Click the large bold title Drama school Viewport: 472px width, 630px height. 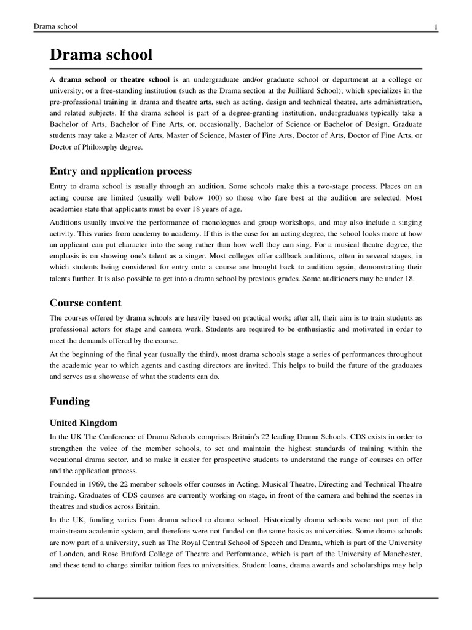(x=101, y=55)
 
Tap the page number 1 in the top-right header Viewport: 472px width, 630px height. (x=436, y=26)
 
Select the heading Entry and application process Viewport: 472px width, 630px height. (x=120, y=171)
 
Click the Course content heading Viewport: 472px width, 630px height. (x=85, y=303)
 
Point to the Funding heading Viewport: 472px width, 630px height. (x=69, y=401)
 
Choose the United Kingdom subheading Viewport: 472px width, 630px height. (x=84, y=423)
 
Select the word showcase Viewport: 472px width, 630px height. (x=138, y=377)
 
